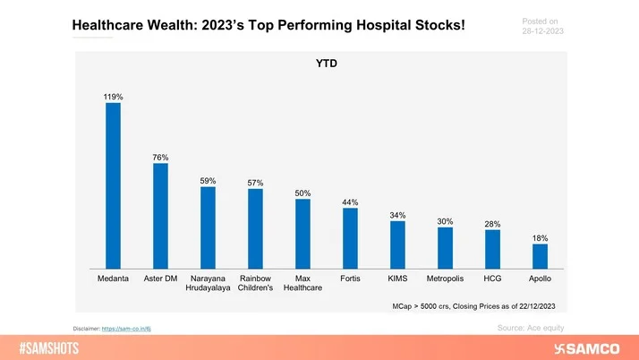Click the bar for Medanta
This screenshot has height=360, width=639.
coord(113,185)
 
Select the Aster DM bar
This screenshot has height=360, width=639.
coord(160,216)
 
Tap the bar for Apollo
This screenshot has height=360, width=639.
coord(540,256)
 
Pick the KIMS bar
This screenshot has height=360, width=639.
coord(397,244)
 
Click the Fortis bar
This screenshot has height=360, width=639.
coord(350,238)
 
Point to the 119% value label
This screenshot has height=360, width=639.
coord(113,95)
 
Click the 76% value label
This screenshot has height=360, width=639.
coord(160,157)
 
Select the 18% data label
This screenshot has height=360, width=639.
coord(540,238)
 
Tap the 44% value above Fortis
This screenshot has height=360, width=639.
coord(350,201)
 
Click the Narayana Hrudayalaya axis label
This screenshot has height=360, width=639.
coord(208,285)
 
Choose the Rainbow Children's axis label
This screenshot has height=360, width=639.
coord(255,285)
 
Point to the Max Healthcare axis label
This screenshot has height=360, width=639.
coord(302,285)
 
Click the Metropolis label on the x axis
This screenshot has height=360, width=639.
coord(445,279)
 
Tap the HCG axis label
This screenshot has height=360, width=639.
coord(492,279)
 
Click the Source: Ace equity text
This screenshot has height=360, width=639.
coord(531,329)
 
